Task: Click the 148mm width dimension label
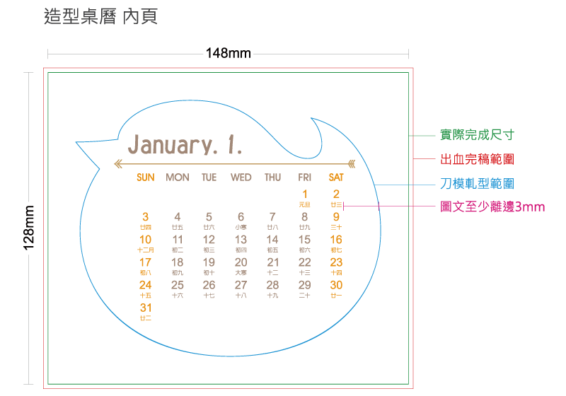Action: [228, 53]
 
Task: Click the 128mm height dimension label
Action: [29, 229]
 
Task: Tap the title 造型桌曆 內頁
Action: [100, 17]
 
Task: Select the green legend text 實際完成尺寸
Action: [478, 134]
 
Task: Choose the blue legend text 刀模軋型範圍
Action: [478, 184]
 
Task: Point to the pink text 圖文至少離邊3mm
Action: [492, 206]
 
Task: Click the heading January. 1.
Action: [185, 145]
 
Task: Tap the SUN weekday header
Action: [145, 177]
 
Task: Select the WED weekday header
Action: [241, 177]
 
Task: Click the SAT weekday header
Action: [336, 177]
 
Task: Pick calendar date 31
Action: [145, 308]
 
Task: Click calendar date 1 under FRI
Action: [304, 194]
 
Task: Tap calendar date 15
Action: [304, 240]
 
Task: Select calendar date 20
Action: [241, 262]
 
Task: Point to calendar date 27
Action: [241, 285]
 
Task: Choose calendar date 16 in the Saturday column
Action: [336, 240]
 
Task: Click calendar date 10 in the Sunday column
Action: [145, 240]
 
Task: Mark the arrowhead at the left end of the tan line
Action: [117, 164]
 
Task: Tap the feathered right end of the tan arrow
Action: [352, 164]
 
